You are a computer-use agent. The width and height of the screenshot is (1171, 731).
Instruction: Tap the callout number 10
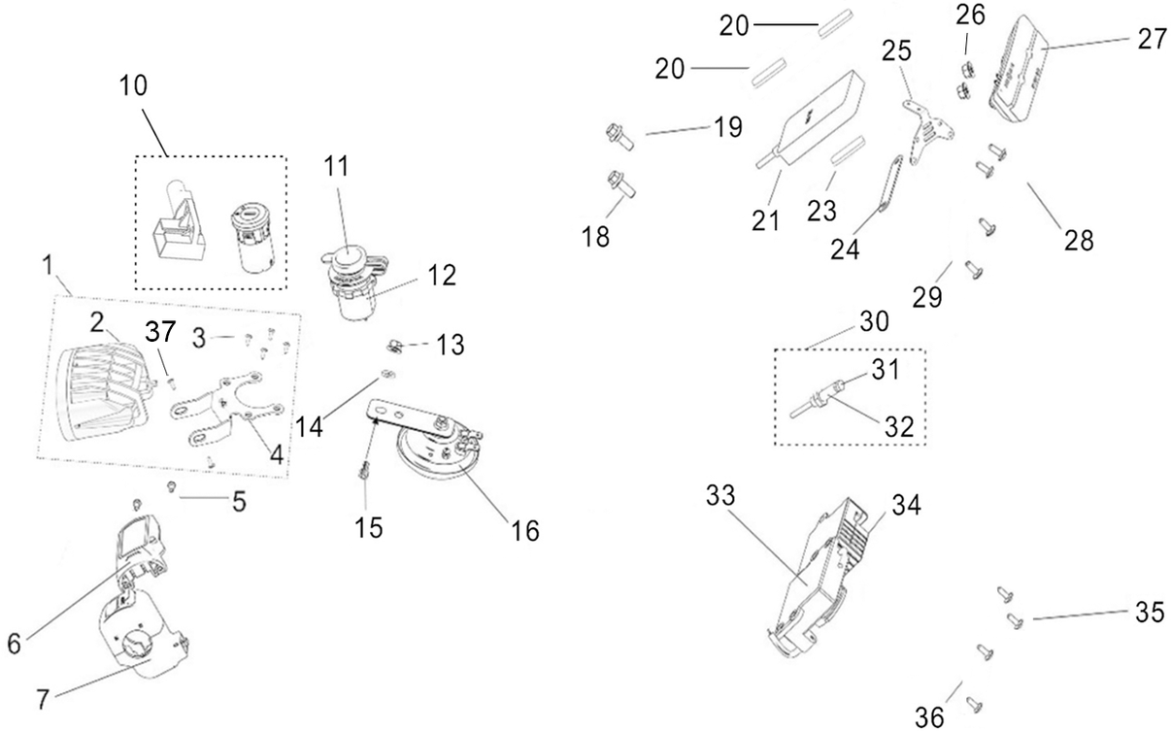[133, 86]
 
